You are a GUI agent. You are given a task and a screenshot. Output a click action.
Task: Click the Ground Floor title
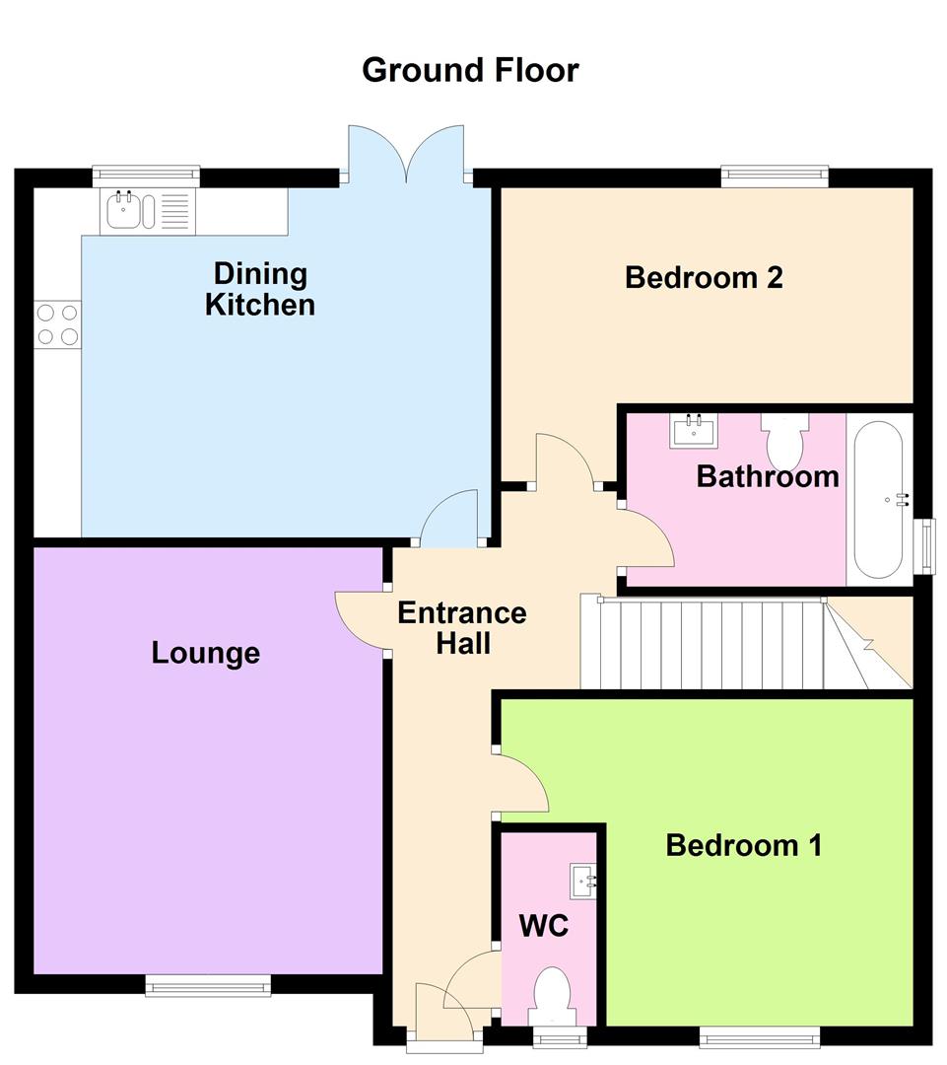tap(470, 70)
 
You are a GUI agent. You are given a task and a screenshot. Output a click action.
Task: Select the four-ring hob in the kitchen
tap(57, 324)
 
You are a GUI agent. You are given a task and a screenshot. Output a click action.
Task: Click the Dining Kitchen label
tap(260, 289)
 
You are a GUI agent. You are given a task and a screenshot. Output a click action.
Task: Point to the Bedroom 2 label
tap(704, 277)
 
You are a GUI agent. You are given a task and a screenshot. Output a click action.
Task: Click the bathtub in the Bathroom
tap(878, 500)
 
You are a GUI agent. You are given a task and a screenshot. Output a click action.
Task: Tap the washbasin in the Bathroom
tap(694, 430)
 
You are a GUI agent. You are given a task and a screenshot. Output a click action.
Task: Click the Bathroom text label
tap(768, 476)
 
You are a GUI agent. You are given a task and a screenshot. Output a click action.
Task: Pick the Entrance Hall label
tap(461, 628)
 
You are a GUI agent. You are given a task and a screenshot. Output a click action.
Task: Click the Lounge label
tap(206, 652)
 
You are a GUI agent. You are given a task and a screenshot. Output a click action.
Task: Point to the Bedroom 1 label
tap(743, 845)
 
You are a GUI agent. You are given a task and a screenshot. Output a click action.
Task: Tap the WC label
tap(544, 926)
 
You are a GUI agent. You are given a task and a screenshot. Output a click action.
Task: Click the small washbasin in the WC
tap(583, 877)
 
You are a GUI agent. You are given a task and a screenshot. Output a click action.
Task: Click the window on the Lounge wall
tap(208, 985)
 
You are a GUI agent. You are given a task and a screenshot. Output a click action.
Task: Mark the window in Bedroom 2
tap(774, 176)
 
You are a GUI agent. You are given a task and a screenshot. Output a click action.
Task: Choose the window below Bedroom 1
tap(759, 1035)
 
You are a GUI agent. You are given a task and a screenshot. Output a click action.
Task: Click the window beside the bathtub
tap(925, 545)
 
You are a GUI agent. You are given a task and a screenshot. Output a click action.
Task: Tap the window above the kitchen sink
tap(146, 176)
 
